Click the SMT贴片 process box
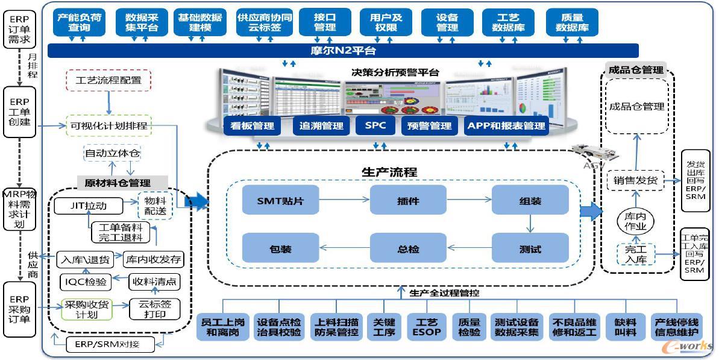[x=280, y=200]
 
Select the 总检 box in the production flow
[x=408, y=248]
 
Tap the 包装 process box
[x=280, y=248]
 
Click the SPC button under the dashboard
[x=375, y=125]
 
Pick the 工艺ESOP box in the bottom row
[x=425, y=326]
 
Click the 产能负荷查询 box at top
[x=79, y=22]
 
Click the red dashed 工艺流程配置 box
[x=108, y=80]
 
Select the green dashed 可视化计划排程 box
[x=109, y=125]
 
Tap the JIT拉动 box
[x=88, y=206]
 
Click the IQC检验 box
[x=86, y=282]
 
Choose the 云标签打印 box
[x=155, y=309]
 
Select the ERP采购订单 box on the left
[x=19, y=309]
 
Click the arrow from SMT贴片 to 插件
[x=344, y=200]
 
